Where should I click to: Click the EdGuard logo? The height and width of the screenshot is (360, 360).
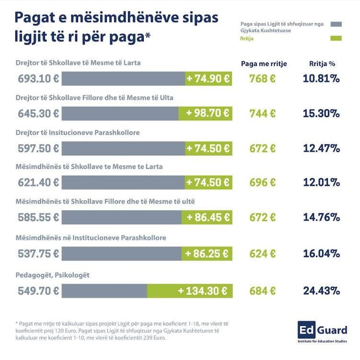coord(322,332)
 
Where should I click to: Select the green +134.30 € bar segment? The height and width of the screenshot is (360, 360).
coord(189,290)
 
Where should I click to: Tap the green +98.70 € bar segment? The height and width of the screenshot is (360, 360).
coord(205,113)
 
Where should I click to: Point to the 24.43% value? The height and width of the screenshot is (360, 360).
coord(321,290)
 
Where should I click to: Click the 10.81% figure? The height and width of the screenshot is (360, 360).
coord(321,79)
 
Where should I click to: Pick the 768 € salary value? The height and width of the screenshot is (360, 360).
coord(262,79)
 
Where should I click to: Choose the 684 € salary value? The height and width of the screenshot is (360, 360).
coord(262,290)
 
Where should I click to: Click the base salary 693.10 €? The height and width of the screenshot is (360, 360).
coord(38,79)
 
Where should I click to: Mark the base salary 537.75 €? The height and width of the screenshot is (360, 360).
coord(38,254)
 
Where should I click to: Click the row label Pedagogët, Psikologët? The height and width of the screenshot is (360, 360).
coord(53,275)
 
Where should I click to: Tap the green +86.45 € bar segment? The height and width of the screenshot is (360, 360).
coord(207,217)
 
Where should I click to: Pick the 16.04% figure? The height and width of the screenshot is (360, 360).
coord(321,254)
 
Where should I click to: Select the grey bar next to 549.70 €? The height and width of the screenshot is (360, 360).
coord(104,290)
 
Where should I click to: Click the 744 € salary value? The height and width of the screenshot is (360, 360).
coord(262,113)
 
